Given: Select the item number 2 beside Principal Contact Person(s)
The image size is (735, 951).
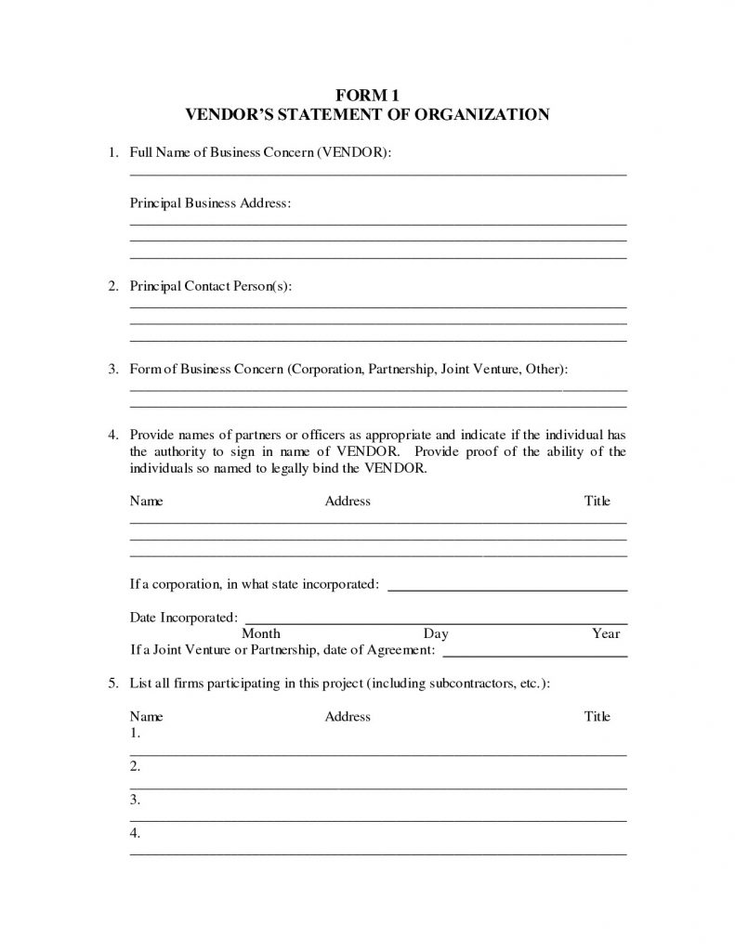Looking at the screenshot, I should [x=112, y=286].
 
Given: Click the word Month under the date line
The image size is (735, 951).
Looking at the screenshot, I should [x=261, y=633].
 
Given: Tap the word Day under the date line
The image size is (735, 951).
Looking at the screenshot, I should [x=436, y=633].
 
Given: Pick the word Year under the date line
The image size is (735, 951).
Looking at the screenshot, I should [x=606, y=633].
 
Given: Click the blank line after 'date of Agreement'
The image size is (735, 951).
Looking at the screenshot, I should [x=536, y=654].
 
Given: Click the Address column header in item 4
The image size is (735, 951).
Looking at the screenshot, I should [x=348, y=502].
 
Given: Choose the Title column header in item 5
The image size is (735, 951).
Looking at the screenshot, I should [x=597, y=716].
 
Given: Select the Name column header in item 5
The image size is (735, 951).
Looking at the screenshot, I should [x=146, y=716].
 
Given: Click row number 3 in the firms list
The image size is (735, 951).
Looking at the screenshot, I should [x=135, y=799].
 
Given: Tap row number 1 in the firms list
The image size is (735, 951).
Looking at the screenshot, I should [x=135, y=734].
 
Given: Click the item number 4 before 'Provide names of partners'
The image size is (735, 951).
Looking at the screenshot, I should [x=112, y=434].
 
